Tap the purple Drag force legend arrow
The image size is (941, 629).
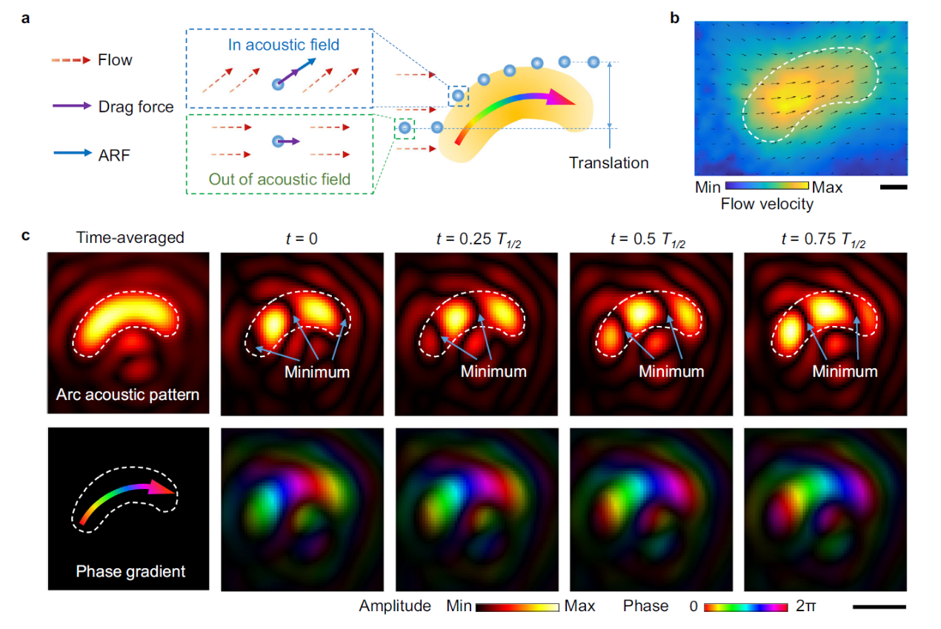point(71,107)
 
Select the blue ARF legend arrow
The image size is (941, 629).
point(71,153)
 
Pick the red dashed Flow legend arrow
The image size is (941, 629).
point(71,59)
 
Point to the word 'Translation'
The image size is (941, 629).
point(608,163)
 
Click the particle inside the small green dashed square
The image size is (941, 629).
point(405,127)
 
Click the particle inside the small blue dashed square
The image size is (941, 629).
point(459,95)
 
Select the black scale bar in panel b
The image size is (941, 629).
point(894,187)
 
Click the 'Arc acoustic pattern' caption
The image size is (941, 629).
point(127,394)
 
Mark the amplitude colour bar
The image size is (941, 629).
point(516,607)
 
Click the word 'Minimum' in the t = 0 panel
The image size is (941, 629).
point(317,372)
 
